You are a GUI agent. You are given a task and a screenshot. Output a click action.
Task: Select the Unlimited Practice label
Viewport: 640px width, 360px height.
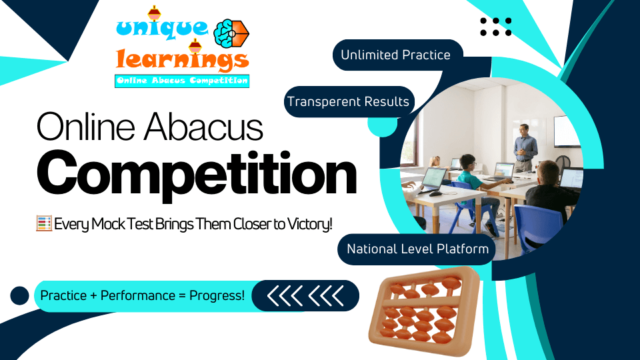[x=395, y=55]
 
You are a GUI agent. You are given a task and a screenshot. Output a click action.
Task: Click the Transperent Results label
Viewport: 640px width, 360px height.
[x=348, y=102]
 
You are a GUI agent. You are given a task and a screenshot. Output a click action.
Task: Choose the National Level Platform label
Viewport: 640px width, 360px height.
[x=417, y=249]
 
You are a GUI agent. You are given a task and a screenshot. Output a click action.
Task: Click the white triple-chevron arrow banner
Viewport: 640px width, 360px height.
[x=305, y=295]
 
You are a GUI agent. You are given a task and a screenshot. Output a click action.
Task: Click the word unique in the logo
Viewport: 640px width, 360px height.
[x=163, y=29]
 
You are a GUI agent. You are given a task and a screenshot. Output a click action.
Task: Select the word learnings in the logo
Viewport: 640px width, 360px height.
[x=181, y=61]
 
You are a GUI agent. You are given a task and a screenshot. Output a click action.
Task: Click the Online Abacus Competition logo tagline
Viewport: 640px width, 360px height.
[x=182, y=81]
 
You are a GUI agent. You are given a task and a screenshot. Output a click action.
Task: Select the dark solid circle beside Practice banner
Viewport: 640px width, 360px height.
[x=20, y=295]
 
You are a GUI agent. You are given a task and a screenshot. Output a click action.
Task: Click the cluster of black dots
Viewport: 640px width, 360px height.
[x=496, y=27]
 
